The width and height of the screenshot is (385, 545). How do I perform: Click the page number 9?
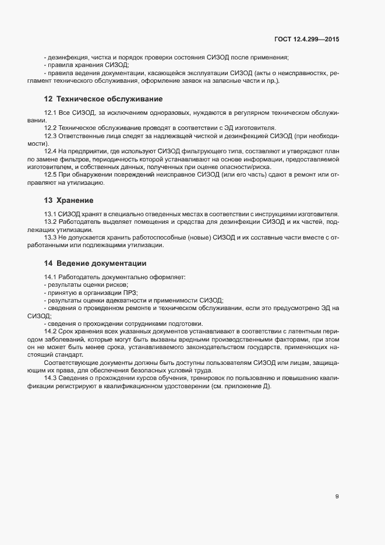pos(337,497)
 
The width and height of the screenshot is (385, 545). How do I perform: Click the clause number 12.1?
pos(50,111)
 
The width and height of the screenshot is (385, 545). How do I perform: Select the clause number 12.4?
pos(50,152)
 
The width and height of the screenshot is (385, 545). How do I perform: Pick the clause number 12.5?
pos(50,175)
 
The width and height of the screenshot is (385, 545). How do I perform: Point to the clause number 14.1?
pos(50,276)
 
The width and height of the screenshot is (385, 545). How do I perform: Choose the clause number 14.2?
pos(50,331)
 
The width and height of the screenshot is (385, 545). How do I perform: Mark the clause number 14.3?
pos(50,378)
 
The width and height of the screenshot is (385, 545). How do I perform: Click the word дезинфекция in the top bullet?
pos(66,57)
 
